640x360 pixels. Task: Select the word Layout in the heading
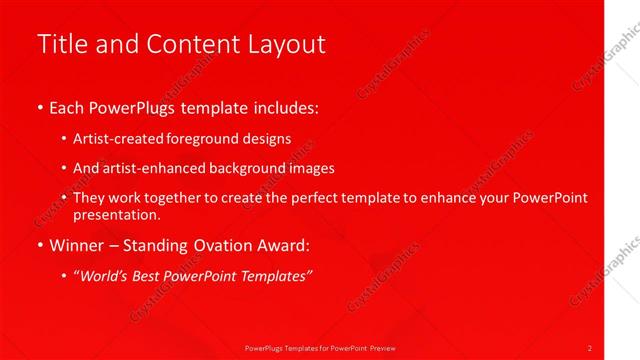pyautogui.click(x=290, y=44)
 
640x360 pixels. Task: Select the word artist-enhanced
pyautogui.click(x=148, y=168)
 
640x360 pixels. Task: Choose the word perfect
pyautogui.click(x=316, y=198)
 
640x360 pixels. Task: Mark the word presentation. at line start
pyautogui.click(x=116, y=214)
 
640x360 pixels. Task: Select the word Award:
pyautogui.click(x=288, y=244)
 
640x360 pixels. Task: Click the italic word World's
pyautogui.click(x=108, y=275)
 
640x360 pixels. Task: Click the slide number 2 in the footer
pyautogui.click(x=590, y=347)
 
